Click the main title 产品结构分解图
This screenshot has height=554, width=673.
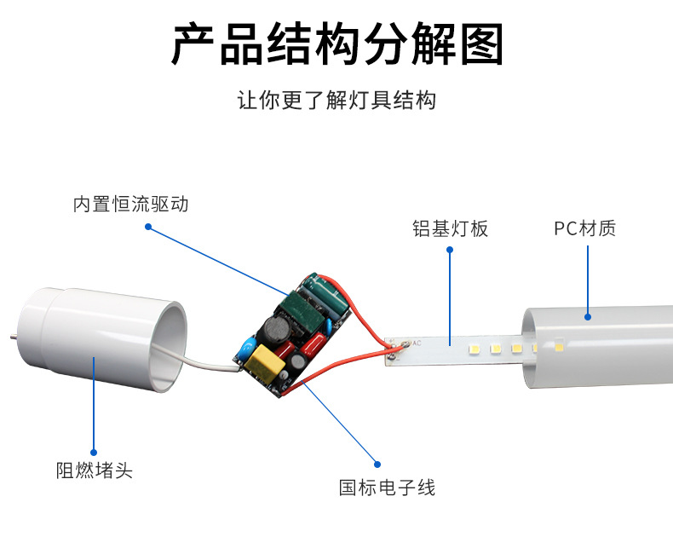point(337,43)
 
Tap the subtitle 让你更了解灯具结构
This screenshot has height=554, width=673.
point(337,100)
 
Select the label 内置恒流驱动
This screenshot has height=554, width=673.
point(131,204)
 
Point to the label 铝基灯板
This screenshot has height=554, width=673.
point(451,228)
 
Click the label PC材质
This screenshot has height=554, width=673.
point(584,228)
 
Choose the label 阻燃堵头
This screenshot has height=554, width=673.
point(95,470)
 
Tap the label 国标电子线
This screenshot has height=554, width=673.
point(387,488)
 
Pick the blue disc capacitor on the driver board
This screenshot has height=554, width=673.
point(249,347)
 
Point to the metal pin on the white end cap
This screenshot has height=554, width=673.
point(14,337)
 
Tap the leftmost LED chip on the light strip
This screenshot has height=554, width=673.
point(474,349)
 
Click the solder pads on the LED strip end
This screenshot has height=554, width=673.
point(396,349)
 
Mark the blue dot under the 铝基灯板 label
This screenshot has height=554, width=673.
point(450,250)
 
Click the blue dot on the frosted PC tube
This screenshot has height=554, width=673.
point(588,317)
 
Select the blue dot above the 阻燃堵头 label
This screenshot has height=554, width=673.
point(94,453)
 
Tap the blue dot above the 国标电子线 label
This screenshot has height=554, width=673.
point(377,465)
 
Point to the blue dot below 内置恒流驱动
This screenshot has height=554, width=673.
point(148,227)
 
